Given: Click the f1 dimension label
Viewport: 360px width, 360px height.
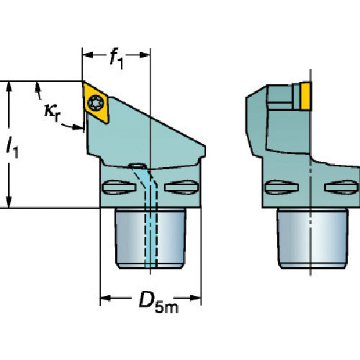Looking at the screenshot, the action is tap(117, 59).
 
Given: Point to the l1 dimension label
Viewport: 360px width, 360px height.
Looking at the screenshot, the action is tap(12, 148).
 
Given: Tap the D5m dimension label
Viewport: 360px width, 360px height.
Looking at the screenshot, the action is tap(158, 302).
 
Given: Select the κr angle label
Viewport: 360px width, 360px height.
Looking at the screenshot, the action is tap(53, 112).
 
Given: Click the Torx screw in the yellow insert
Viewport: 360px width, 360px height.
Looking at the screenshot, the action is tap(96, 103).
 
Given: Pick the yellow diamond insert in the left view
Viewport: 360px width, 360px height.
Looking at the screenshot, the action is tap(96, 102).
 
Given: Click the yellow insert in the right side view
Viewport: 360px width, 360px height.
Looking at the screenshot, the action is tap(305, 96).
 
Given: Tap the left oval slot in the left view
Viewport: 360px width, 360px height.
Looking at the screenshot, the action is tap(119, 187).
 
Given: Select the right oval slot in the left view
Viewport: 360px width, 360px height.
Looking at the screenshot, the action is tap(181, 187).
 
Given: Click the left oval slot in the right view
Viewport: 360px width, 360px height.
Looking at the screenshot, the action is tap(282, 187).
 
